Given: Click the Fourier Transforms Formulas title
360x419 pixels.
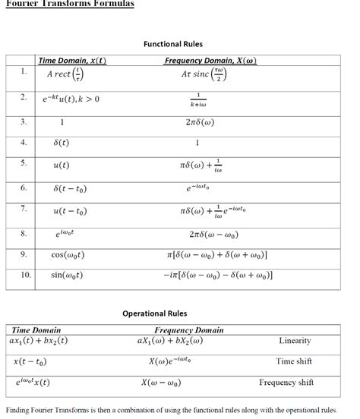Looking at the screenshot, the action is [x=69, y=4].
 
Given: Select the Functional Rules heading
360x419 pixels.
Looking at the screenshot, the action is [x=173, y=44].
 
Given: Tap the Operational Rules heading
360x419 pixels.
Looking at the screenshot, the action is [x=154, y=313].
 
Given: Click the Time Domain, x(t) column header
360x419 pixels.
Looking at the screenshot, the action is [x=72, y=61].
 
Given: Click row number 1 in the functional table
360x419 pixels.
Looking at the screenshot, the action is [x=24, y=72].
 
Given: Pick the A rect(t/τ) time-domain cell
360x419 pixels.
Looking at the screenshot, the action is [x=65, y=76].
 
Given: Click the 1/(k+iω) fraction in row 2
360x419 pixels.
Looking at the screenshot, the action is [x=197, y=99].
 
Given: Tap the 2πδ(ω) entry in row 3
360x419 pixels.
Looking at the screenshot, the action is [x=197, y=121].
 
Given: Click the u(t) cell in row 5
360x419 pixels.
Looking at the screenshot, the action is [x=62, y=165].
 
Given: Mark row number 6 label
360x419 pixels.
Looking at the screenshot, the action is [x=24, y=187].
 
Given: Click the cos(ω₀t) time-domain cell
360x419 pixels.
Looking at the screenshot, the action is [x=68, y=255].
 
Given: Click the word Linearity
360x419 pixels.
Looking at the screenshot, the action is [x=295, y=341].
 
